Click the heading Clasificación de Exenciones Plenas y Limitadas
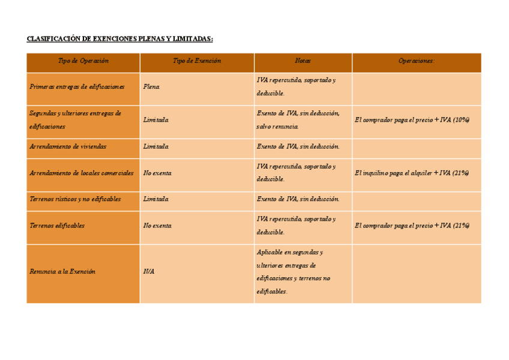click(120, 39)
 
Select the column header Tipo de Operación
click(83, 61)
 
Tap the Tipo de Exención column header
click(197, 61)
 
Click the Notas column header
click(303, 61)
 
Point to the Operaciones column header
click(417, 61)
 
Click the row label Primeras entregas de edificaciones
click(77, 87)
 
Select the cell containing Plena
click(152, 87)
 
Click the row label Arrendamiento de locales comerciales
click(82, 173)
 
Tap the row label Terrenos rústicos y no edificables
click(75, 199)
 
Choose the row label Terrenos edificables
click(57, 226)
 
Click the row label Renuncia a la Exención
click(62, 272)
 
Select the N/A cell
click(149, 272)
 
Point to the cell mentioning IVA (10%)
click(412, 120)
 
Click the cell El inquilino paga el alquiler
click(412, 173)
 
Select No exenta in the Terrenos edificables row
click(158, 226)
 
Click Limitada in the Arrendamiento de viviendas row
click(156, 146)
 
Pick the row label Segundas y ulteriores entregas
click(75, 120)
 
